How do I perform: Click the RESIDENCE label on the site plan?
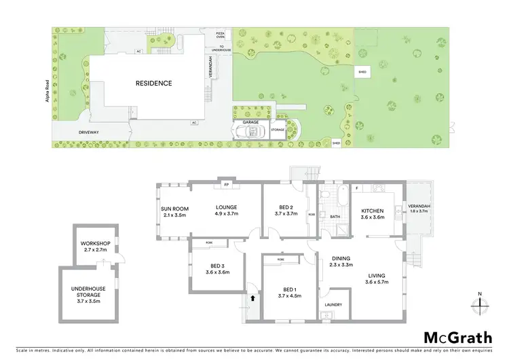(153, 84)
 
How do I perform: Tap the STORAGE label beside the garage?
(278, 129)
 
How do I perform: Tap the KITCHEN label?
(373, 213)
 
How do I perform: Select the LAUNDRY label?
(333, 304)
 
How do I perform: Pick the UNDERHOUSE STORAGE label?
(86, 291)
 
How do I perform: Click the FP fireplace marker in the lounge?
(226, 185)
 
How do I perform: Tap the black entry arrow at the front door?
(252, 297)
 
